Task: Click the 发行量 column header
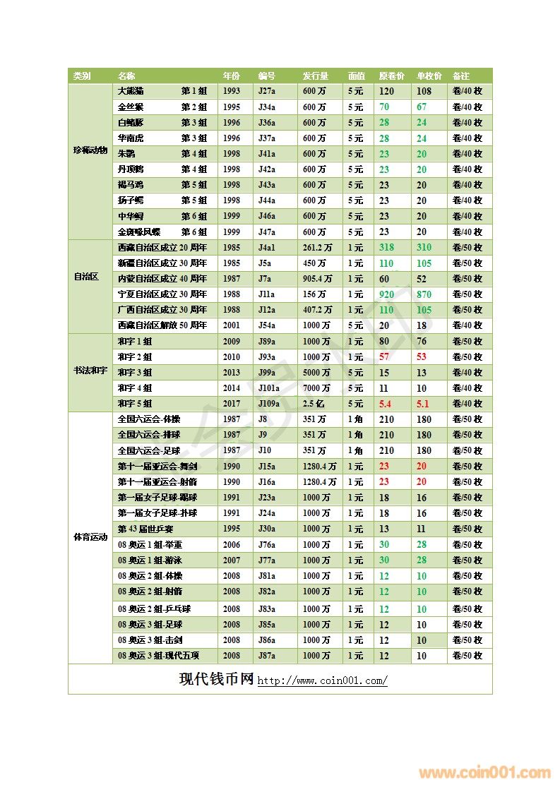[x=315, y=76]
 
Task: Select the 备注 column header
[x=460, y=76]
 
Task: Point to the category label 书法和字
[x=90, y=371]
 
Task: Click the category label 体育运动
[x=90, y=536]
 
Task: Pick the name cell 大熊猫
[x=131, y=91]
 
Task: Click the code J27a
[x=267, y=91]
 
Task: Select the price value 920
[x=386, y=294]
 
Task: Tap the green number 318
[x=386, y=247]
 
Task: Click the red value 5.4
[x=385, y=404]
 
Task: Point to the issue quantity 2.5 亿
[x=314, y=404]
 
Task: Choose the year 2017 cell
[x=231, y=404]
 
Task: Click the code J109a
[x=269, y=404]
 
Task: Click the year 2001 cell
[x=231, y=325]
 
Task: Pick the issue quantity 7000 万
[x=316, y=388]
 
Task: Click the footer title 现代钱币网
[x=216, y=679]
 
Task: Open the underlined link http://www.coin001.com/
[x=322, y=681]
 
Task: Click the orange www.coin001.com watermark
[x=484, y=773]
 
